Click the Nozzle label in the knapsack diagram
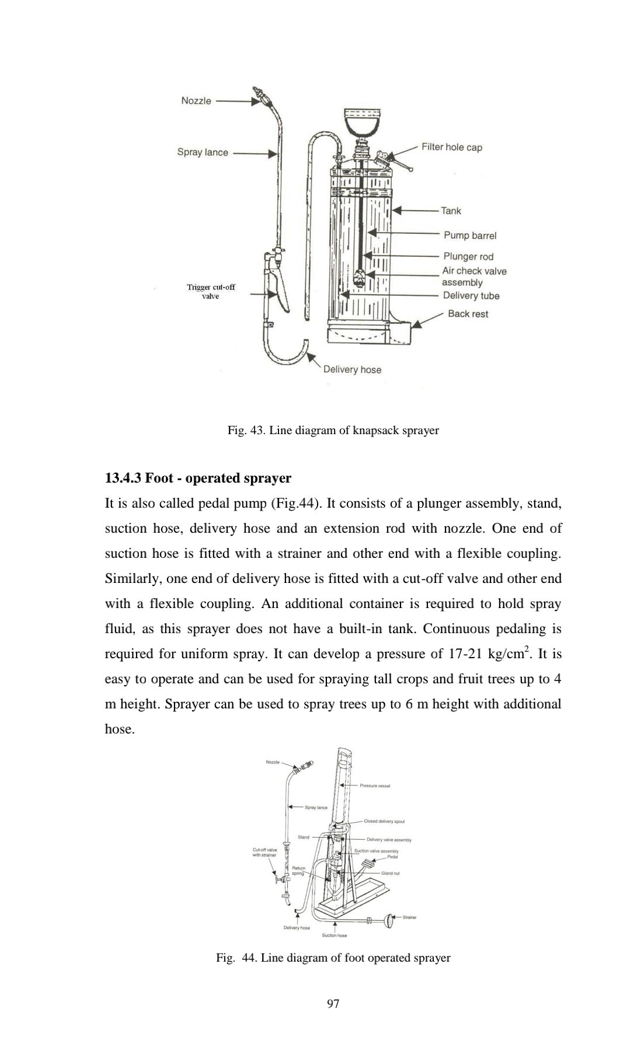coord(196,101)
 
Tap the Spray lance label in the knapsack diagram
coord(203,152)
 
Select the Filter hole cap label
coord(452,147)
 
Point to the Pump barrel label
coord(470,236)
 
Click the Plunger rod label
coord(468,257)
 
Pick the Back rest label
coord(468,314)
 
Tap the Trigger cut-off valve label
coord(211,292)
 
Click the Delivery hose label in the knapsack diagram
coord(352,369)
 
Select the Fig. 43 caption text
coord(333,431)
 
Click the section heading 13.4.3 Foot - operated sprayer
coord(197,478)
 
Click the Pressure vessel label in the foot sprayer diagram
coord(375,786)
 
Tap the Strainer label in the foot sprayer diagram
coord(409,917)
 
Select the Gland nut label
coord(390,874)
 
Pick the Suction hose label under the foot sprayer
coord(335,935)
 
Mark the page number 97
coord(333,1004)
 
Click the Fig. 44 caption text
coord(333,958)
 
